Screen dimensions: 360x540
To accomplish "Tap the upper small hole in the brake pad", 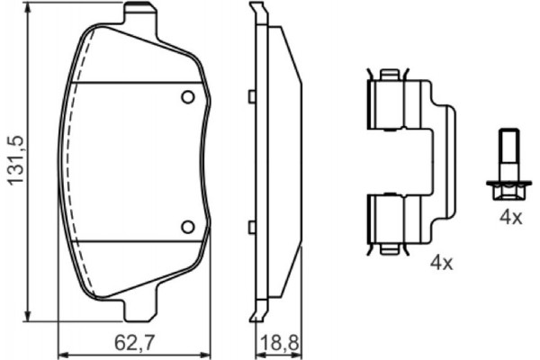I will [x=188, y=97].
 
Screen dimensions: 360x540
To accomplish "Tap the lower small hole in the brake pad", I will [x=188, y=226].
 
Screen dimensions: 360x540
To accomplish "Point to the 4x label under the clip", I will [x=440, y=264].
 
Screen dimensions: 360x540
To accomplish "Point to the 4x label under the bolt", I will [x=510, y=217].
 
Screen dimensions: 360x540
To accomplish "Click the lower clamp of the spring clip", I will [x=390, y=220].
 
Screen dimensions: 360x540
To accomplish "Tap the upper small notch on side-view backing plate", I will [x=253, y=95].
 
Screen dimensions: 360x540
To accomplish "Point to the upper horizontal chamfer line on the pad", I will [x=135, y=83].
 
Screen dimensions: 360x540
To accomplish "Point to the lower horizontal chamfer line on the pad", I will [x=135, y=241].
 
